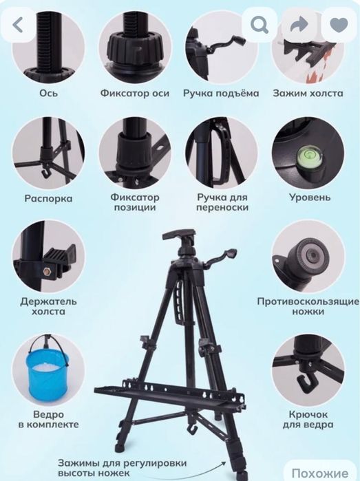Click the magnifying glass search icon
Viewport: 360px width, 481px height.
(x=260, y=25)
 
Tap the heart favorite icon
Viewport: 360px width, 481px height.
(x=339, y=25)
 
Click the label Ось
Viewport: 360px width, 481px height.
(x=48, y=92)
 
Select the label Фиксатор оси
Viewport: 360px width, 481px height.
(x=134, y=92)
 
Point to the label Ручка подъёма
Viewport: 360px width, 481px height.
(x=221, y=92)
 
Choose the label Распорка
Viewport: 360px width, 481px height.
(x=48, y=199)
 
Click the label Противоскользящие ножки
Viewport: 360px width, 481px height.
(x=308, y=306)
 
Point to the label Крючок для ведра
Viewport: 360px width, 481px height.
(x=307, y=420)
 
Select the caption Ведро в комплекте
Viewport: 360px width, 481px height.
(x=47, y=420)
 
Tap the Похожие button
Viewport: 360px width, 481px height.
(x=319, y=473)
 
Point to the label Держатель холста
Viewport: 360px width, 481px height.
(x=48, y=306)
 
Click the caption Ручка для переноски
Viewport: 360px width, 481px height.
(x=222, y=202)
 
